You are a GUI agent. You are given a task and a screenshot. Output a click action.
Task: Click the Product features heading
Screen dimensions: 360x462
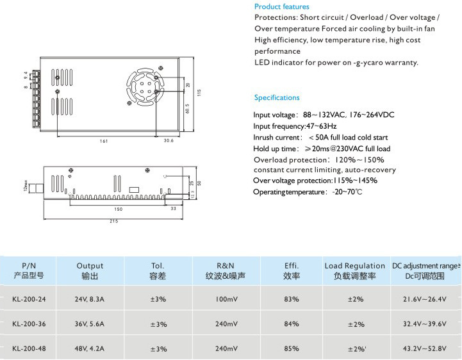(281, 6)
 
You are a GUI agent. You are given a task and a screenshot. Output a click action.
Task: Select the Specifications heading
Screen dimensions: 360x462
(277, 98)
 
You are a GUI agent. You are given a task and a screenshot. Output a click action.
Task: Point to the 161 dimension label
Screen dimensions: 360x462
(104, 141)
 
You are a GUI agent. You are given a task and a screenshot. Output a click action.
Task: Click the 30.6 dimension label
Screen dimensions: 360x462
(169, 141)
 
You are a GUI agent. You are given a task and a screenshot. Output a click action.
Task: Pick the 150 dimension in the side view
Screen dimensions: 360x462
(119, 209)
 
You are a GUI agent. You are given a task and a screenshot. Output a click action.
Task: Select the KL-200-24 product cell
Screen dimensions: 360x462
(28, 299)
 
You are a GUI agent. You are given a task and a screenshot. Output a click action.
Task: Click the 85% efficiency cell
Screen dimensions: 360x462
(292, 348)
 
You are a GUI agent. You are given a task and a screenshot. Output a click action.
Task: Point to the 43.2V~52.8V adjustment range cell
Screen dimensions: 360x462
(425, 348)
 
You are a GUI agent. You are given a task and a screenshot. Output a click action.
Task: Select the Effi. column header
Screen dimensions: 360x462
(292, 270)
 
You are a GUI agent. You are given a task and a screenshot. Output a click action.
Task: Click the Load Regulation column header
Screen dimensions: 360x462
(354, 270)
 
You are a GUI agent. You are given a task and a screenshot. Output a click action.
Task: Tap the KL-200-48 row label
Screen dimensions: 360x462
(28, 348)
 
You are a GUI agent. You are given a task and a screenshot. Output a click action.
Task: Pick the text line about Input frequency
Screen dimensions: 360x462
(294, 126)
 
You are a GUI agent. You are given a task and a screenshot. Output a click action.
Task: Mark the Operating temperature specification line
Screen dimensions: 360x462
(307, 192)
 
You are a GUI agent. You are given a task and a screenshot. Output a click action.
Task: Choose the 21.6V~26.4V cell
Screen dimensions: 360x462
(425, 299)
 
